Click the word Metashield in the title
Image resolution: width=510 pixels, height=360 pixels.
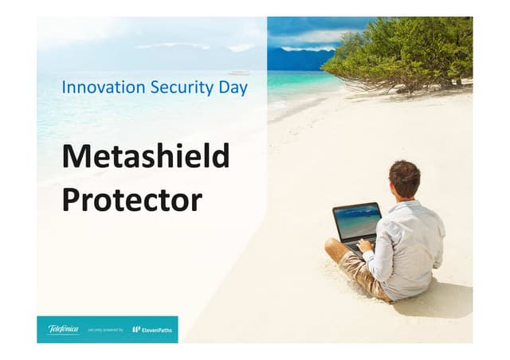click(145, 156)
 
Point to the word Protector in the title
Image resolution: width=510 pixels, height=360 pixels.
click(131, 199)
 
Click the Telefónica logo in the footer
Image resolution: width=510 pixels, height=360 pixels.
click(63, 329)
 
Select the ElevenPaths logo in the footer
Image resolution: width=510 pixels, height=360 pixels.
click(152, 329)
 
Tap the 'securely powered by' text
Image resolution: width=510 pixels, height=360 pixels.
click(105, 330)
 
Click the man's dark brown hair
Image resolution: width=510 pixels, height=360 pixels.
click(405, 176)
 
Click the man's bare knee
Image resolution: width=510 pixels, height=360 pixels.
click(332, 246)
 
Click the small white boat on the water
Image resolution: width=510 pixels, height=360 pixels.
click(239, 72)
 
